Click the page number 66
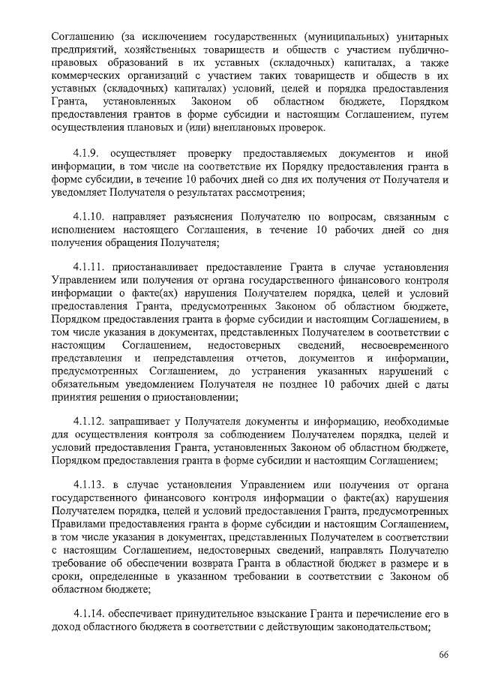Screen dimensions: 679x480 443,655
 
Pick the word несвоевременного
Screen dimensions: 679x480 405,344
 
